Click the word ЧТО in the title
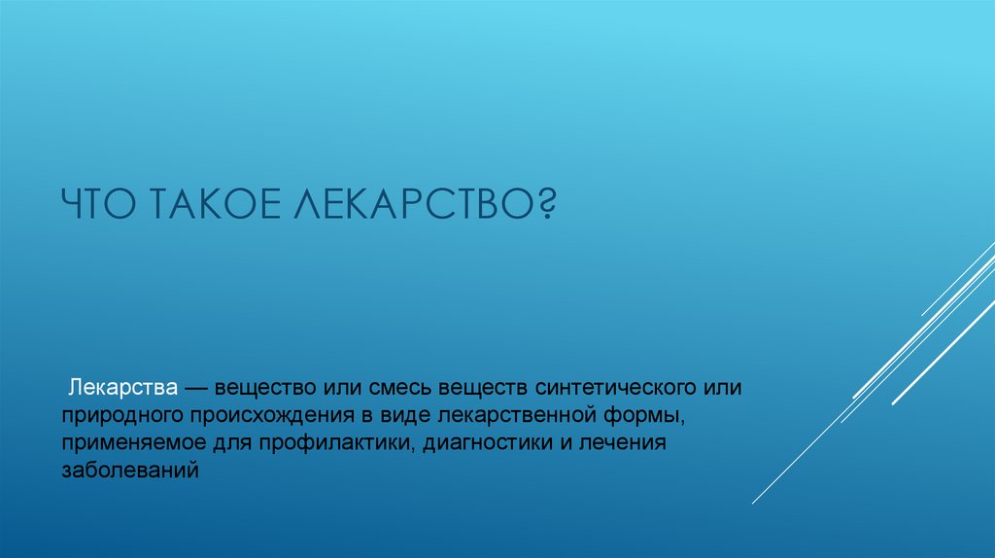(x=98, y=205)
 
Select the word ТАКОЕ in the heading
(x=216, y=205)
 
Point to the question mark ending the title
(x=546, y=205)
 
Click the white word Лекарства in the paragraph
(x=122, y=388)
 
